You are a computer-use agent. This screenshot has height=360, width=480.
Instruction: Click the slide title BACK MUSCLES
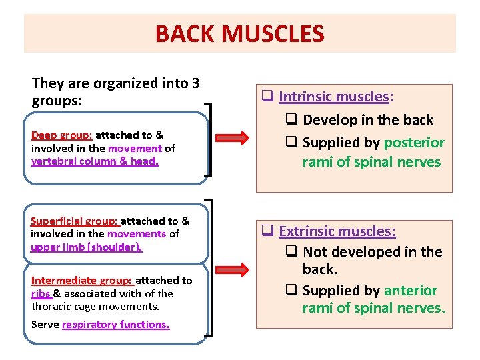[239, 33]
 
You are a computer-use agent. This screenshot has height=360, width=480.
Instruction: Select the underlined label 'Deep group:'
[61, 135]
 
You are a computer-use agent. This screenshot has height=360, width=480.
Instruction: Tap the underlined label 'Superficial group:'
[74, 221]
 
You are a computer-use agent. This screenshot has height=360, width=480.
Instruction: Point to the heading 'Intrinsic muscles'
[333, 97]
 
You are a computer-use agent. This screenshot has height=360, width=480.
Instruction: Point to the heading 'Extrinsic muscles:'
[337, 231]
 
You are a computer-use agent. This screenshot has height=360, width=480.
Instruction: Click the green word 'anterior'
[410, 290]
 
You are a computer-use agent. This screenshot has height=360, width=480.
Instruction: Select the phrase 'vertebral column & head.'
[95, 161]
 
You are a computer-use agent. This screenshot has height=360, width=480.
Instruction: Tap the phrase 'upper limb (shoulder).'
[87, 247]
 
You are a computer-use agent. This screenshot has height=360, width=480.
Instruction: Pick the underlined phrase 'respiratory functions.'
[115, 325]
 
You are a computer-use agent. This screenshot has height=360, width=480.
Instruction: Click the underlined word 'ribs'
[41, 293]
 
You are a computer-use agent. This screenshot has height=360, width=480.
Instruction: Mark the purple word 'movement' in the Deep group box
[135, 149]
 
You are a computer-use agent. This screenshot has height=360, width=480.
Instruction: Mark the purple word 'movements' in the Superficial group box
[137, 234]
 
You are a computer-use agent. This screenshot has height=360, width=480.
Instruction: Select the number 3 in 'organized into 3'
[195, 84]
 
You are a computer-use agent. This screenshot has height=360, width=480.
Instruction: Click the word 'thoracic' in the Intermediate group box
[52, 307]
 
